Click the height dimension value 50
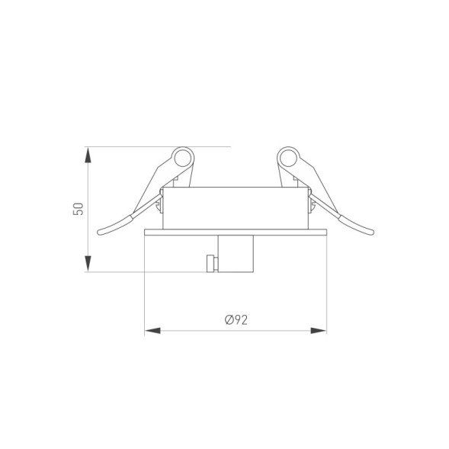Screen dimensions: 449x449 click(77, 208)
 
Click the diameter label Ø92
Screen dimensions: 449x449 click(236, 320)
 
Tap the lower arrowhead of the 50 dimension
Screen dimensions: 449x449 click(89, 264)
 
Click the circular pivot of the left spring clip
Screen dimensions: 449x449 click(183, 159)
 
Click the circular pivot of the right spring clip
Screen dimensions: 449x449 click(288, 159)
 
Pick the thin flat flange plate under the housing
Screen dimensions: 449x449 click(236, 231)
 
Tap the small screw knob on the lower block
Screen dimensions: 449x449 click(210, 263)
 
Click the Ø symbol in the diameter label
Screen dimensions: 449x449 click(228, 320)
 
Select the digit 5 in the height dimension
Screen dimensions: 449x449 click(77, 213)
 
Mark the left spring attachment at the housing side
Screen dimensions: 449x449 click(159, 203)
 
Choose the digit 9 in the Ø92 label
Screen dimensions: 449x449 click(237, 320)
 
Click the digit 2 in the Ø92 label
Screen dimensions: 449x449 click(245, 320)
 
